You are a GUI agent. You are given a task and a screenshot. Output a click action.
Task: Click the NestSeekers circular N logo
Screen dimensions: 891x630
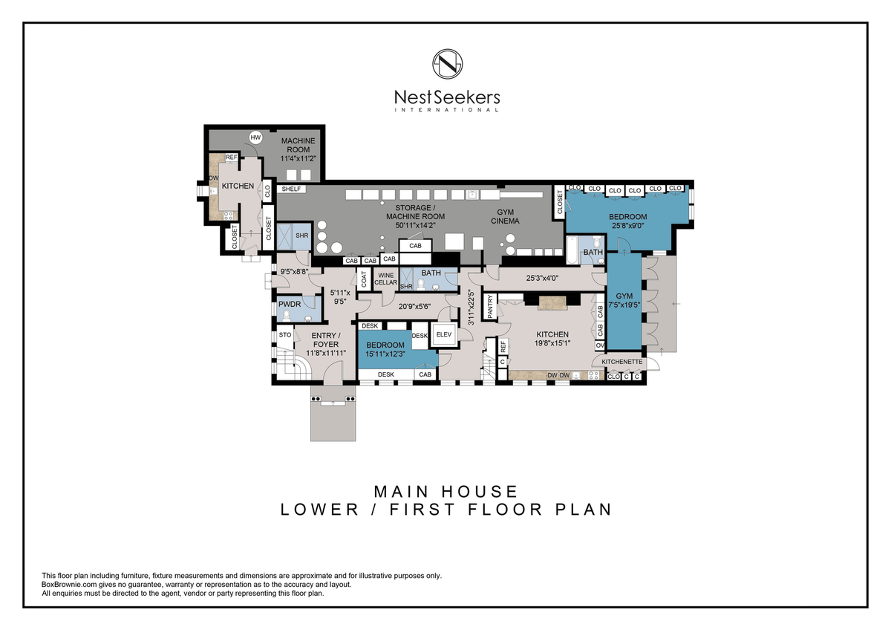point(448,64)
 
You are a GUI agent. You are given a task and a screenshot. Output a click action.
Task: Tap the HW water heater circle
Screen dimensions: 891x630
point(255,137)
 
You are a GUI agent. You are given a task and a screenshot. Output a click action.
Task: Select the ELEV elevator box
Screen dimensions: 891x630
point(444,334)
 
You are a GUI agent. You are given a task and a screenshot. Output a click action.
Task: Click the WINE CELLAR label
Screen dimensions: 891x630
point(385,279)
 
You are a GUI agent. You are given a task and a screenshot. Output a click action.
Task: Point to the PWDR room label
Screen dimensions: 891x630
point(290,304)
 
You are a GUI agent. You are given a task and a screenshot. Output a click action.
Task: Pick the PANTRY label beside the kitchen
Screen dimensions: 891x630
point(489,306)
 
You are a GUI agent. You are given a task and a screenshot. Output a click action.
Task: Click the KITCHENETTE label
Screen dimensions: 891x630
point(621,362)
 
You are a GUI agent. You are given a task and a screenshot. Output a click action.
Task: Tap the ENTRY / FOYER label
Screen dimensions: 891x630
point(325,340)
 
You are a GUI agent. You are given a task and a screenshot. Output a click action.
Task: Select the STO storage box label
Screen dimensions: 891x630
point(285,335)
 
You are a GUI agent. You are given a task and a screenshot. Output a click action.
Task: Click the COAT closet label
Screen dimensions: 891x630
point(364,279)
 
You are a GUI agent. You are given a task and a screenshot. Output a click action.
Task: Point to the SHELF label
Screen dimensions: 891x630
point(291,189)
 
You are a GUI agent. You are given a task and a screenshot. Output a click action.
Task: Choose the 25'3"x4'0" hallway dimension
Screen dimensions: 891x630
point(542,278)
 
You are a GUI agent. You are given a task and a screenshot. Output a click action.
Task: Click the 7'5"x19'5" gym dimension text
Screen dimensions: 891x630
point(624,305)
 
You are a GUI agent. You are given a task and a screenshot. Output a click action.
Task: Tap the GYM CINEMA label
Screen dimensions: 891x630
point(505,216)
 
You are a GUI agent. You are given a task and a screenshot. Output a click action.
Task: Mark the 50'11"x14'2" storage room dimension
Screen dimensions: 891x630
point(415,225)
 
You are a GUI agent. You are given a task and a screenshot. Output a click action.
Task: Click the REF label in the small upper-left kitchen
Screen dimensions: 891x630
point(231,157)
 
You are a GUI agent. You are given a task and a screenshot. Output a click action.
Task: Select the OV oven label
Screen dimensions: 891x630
point(600,345)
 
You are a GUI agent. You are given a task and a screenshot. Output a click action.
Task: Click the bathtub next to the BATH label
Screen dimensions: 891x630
point(572,250)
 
